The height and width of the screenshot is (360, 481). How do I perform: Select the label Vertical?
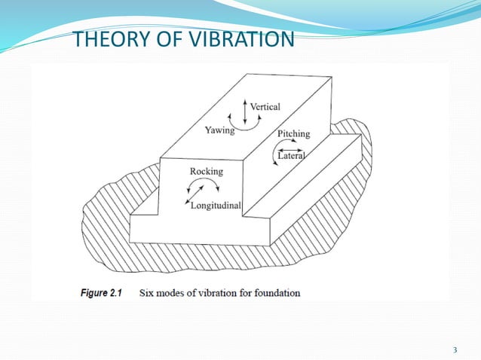tap(265, 107)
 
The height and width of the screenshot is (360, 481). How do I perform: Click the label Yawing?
tap(220, 130)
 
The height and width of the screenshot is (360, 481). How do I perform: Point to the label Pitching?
tap(293, 133)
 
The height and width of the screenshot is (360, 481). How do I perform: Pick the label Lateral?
tap(292, 156)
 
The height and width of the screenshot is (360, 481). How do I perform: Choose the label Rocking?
tap(206, 172)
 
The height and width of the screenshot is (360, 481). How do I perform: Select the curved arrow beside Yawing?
tap(246, 127)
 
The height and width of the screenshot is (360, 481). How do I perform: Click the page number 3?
tap(455, 349)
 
